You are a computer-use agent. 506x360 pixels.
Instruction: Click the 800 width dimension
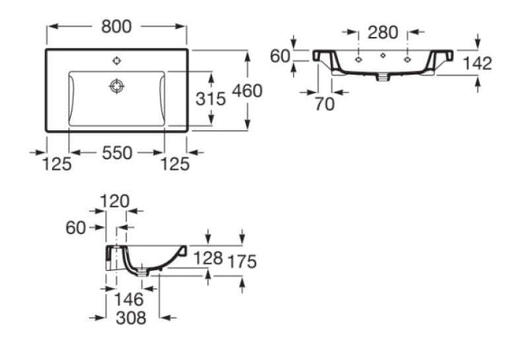click(x=116, y=26)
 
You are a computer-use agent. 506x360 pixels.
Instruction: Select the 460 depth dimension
click(x=248, y=91)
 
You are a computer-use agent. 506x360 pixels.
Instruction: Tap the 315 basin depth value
click(x=211, y=98)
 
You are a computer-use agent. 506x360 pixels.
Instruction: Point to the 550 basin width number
click(x=117, y=153)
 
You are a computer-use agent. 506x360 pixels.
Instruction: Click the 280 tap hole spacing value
click(x=383, y=32)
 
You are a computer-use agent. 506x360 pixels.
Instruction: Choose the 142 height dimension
click(x=478, y=63)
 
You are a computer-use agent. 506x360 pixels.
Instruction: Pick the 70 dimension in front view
click(x=325, y=104)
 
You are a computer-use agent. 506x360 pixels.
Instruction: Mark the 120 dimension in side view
click(x=115, y=201)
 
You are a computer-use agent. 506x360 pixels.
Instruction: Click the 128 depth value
click(x=208, y=258)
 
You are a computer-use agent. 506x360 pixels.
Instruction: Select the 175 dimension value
click(x=242, y=262)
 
